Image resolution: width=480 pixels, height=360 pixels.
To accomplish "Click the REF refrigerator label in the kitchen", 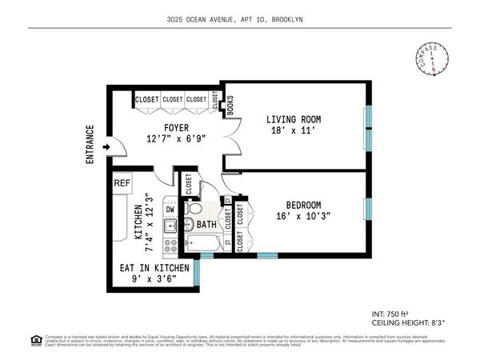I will pyautogui.click(x=122, y=183).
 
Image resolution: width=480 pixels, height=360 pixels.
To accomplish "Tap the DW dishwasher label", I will pyautogui.click(x=170, y=210).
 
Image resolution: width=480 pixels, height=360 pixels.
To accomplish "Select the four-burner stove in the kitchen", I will pyautogui.click(x=170, y=242).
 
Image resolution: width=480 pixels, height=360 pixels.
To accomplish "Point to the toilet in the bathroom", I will pyautogui.click(x=194, y=210).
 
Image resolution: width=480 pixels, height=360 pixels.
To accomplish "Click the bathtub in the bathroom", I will pyautogui.click(x=206, y=242).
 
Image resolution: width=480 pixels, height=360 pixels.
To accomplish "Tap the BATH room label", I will pyautogui.click(x=207, y=226).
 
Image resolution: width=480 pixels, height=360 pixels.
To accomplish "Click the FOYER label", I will pyautogui.click(x=176, y=126).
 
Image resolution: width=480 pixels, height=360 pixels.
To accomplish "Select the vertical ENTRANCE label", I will pyautogui.click(x=90, y=145).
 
